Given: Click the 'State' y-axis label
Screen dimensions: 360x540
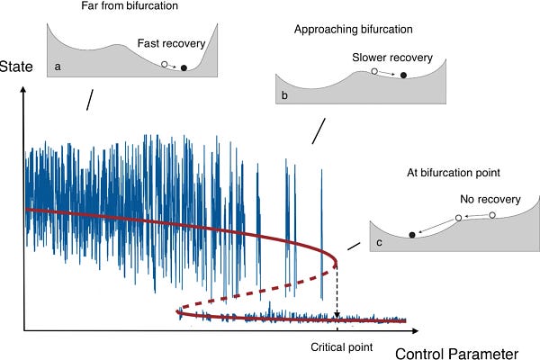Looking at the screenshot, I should pos(16,66).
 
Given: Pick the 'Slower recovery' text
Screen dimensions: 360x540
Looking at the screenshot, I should pos(392,58).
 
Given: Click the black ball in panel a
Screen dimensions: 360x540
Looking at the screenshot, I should pos(184,67).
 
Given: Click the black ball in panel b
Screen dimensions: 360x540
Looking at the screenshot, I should pos(403,75).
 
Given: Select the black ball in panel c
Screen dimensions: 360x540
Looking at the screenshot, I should pos(413,235).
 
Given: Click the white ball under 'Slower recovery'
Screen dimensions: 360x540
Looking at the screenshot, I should pos(374,70).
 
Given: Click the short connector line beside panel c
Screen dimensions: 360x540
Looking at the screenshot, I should pos(353,246).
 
